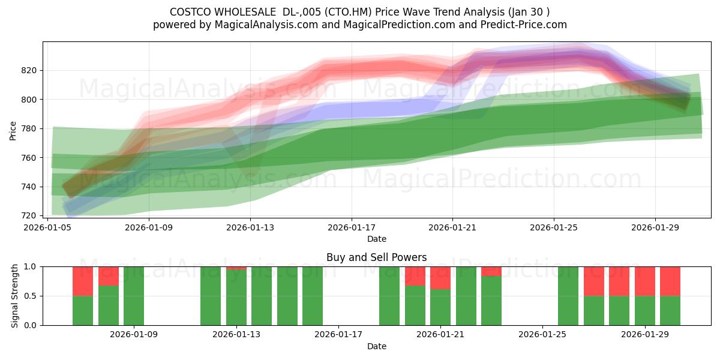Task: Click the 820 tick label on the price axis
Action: [x=30, y=70]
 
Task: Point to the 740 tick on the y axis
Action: [x=30, y=187]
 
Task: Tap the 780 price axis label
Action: [x=30, y=128]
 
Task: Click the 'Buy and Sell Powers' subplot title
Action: [x=376, y=257]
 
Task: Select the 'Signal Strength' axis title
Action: [x=15, y=296]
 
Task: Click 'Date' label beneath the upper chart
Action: [x=376, y=239]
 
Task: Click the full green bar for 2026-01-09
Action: [x=134, y=296]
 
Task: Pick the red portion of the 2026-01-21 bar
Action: [x=440, y=278]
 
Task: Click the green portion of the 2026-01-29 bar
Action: [x=645, y=310]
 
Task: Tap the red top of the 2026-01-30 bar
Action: [x=670, y=281]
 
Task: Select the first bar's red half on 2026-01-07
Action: [x=83, y=281]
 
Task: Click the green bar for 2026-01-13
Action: [x=236, y=298]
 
